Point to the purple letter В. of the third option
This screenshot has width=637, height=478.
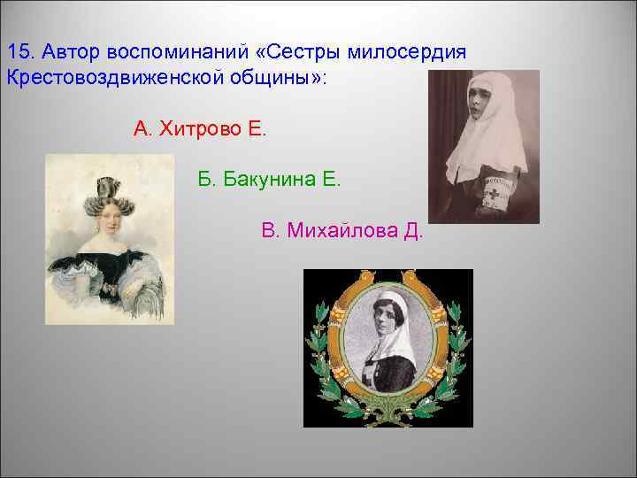[271, 232]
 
